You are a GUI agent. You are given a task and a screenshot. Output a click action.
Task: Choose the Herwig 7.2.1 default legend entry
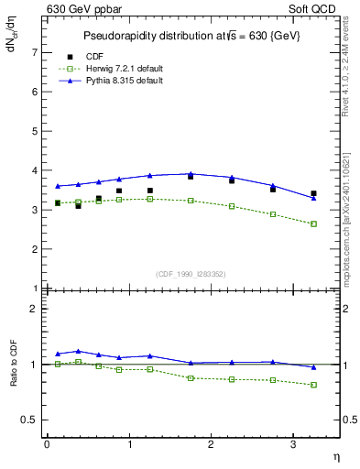117,69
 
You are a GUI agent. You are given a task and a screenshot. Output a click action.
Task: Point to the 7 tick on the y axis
37,53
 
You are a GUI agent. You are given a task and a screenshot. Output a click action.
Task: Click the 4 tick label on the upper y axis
37,170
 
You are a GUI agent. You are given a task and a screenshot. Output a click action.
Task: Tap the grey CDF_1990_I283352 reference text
190,273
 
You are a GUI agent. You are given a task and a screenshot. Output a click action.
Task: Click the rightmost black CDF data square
313,193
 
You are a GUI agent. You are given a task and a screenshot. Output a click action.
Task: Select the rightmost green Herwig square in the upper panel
313,224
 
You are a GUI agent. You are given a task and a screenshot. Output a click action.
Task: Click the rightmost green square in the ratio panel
313,385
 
